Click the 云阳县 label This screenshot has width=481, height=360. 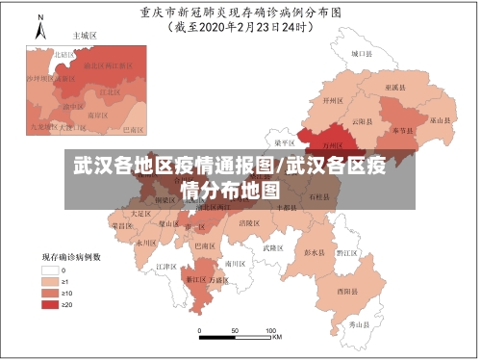click(x=362, y=121)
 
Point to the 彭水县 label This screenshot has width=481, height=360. click(x=316, y=253)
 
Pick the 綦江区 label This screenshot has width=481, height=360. click(x=195, y=280)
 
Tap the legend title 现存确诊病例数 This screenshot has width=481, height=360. click(x=72, y=257)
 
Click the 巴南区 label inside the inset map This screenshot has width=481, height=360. click(x=132, y=128)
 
